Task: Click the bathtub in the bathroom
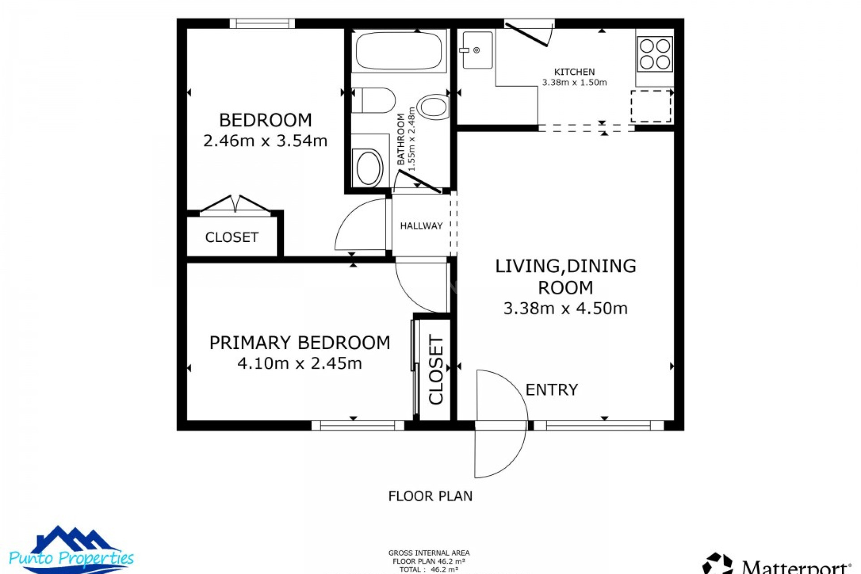[x=399, y=51]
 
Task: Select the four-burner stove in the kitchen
[x=655, y=54]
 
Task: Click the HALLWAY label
[x=421, y=226]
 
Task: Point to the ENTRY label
[x=552, y=390]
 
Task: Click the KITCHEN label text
[x=574, y=72]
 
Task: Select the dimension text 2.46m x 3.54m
[x=265, y=141]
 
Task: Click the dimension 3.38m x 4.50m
[x=565, y=308]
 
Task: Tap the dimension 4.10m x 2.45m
[x=300, y=363]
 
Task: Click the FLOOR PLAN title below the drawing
[x=430, y=496]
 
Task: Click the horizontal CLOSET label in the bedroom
[x=231, y=237]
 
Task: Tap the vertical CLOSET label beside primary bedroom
[x=436, y=369]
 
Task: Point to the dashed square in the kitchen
[x=651, y=106]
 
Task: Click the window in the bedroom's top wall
[x=262, y=23]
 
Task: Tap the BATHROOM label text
[x=401, y=139]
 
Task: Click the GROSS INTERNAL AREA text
[x=429, y=553]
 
